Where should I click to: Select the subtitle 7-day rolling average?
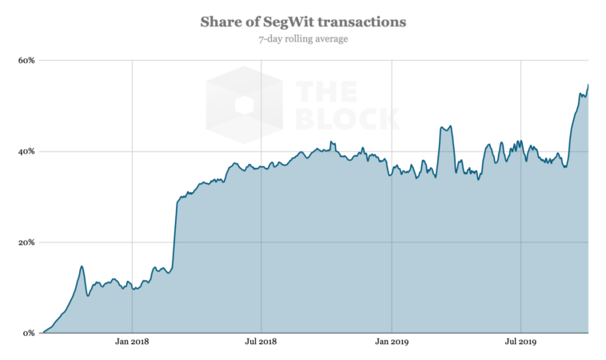303,38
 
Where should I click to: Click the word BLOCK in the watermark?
347,118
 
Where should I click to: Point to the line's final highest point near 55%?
588,84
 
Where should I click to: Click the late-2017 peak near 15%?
82,266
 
